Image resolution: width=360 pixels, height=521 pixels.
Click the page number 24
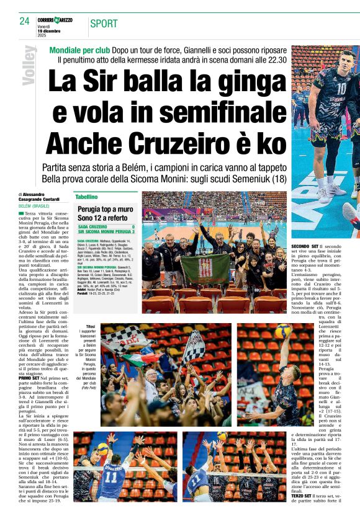24,21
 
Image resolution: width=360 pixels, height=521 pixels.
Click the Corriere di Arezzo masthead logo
55,20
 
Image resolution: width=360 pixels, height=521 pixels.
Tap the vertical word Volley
28,66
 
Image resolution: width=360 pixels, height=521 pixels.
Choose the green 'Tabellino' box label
87,196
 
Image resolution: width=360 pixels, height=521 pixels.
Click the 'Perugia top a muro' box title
106,210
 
